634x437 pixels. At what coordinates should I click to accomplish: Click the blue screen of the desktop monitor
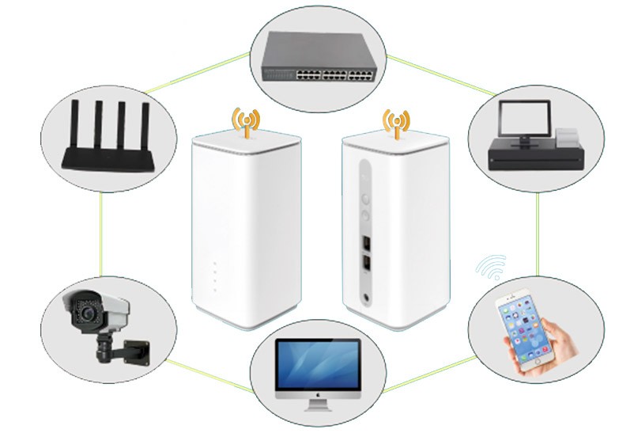coord(318,364)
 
